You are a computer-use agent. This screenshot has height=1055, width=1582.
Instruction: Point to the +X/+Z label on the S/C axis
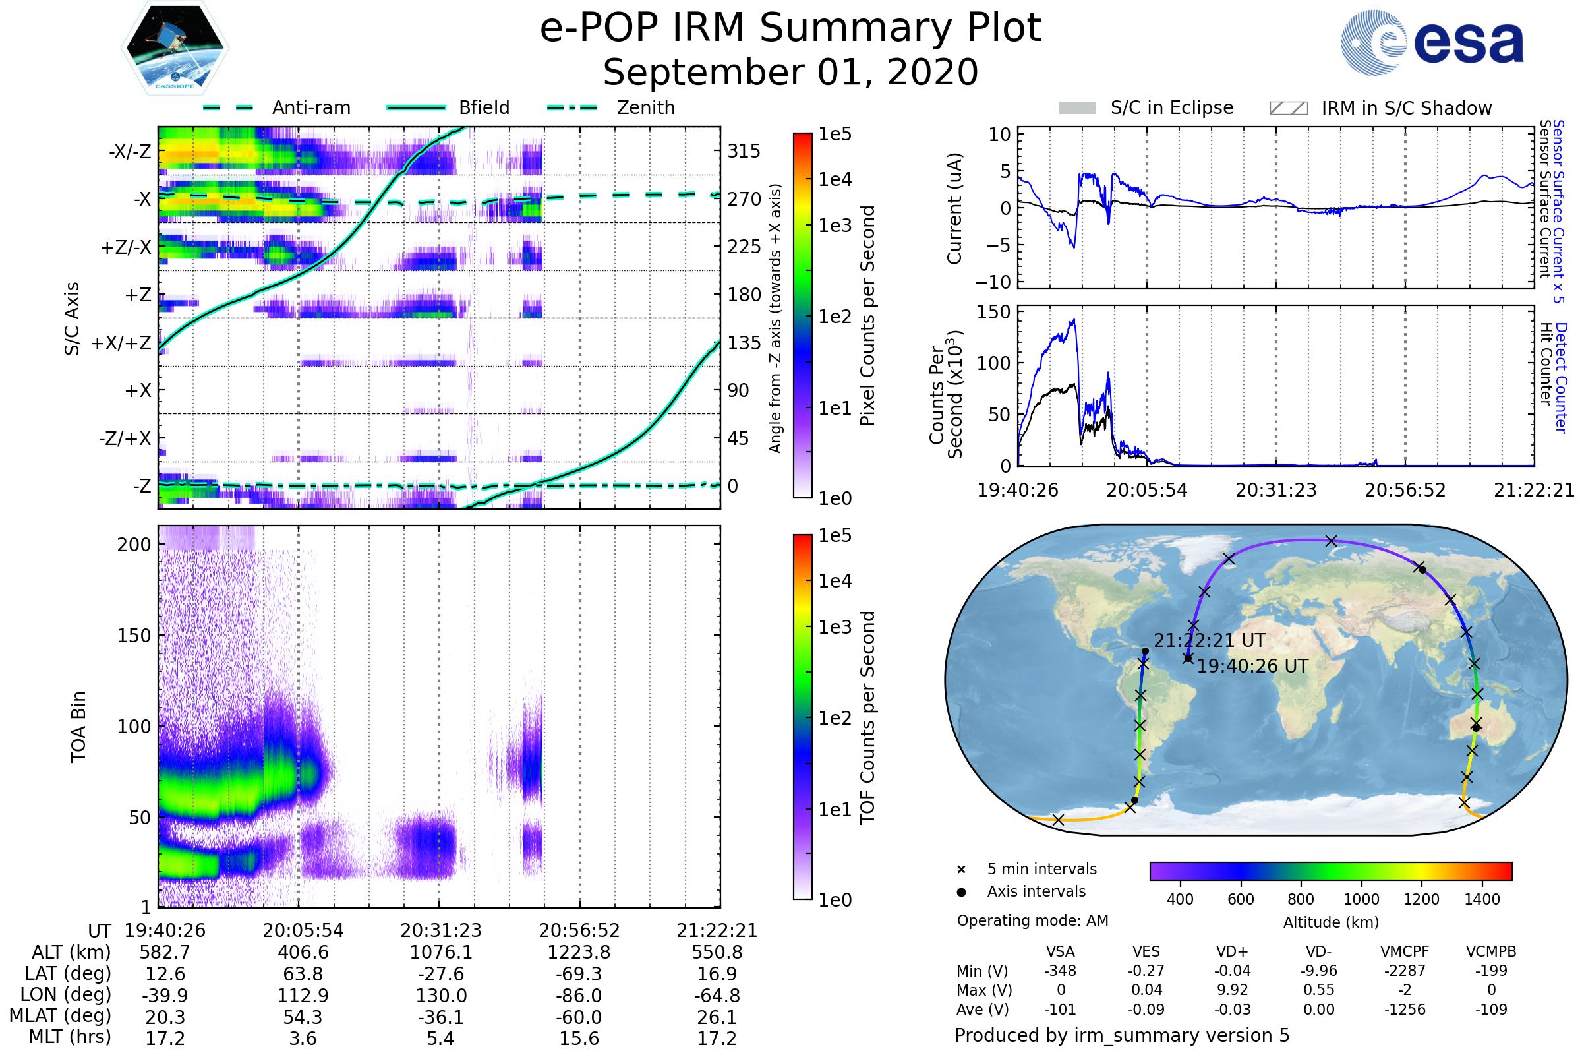coord(121,343)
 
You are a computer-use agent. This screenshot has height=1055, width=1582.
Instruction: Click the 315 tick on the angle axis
coord(744,151)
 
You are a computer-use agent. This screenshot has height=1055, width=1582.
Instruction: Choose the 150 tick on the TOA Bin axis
coord(134,636)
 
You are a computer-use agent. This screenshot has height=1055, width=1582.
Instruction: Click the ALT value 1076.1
coord(440,952)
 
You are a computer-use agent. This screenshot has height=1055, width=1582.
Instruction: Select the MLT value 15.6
coord(579,1038)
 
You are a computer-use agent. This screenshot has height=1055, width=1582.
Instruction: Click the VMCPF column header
coord(1405,951)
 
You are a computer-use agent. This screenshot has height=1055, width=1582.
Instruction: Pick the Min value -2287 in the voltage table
coord(1405,970)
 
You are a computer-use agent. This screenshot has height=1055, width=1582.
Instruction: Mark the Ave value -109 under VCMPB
coord(1490,1010)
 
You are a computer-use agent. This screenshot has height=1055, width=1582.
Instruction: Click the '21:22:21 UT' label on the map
coord(1210,640)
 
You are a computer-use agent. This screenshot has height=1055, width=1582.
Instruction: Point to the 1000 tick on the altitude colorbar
coord(1361,899)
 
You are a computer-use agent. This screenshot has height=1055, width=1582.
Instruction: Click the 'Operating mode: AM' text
coord(1032,920)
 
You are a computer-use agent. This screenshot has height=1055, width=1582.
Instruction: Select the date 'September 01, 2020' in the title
coord(790,72)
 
